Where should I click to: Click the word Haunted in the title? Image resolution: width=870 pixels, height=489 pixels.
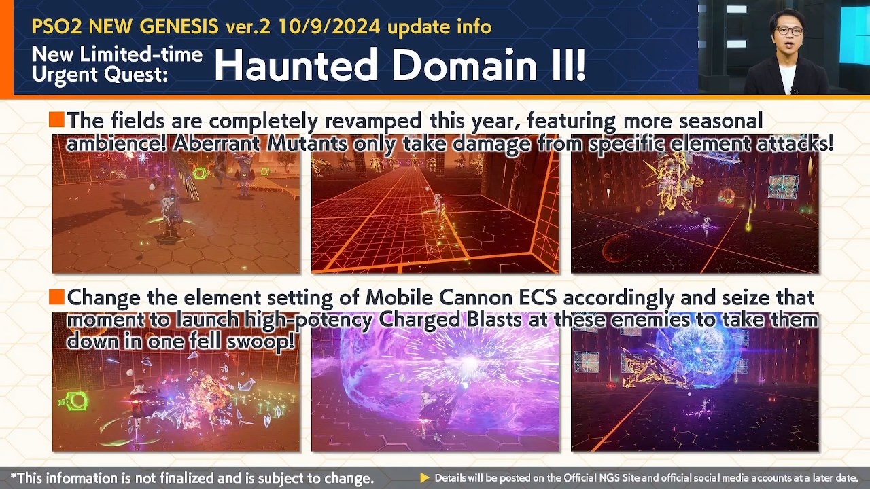[295, 65]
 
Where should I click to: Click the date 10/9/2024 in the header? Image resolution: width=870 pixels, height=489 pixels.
[330, 26]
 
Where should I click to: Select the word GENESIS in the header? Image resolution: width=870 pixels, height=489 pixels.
[179, 26]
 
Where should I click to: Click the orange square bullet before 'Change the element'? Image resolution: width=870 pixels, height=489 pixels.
[56, 297]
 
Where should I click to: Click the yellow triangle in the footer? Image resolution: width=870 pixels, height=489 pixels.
[425, 477]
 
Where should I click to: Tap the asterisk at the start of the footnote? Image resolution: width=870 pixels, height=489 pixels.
[14, 475]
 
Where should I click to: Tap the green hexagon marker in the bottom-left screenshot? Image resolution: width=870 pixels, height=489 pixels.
[75, 401]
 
